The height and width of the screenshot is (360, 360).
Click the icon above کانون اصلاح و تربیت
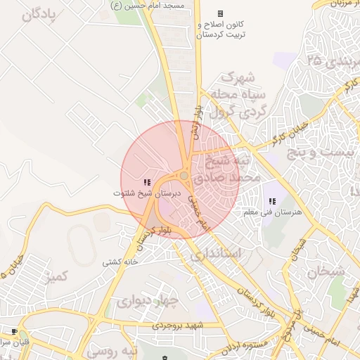pos(220,13)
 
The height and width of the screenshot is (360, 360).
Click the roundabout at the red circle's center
pos(184,176)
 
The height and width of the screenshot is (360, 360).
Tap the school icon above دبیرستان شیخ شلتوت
pos(147,183)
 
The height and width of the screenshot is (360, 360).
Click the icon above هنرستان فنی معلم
pos(272,202)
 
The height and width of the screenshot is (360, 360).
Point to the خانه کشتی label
pos(118,263)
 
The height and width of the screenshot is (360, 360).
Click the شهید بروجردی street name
pos(181,326)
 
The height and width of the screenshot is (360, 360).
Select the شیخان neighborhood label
pos(326,271)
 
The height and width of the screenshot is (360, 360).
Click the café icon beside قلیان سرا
pos(14,330)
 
